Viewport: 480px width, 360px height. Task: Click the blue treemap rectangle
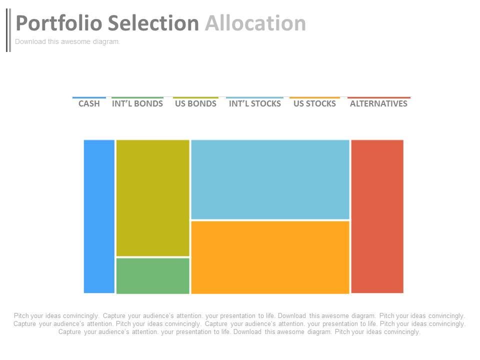[99, 216]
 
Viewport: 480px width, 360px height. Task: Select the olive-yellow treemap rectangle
[152, 198]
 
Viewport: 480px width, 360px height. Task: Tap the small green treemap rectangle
[152, 275]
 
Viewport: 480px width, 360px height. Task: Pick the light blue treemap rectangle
[270, 179]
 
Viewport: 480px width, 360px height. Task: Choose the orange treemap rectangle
[270, 257]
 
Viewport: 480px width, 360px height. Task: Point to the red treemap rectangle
[377, 216]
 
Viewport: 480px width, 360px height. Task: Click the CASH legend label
[89, 104]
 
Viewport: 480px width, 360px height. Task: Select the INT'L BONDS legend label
[137, 104]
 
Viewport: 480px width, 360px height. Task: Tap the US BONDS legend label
[195, 104]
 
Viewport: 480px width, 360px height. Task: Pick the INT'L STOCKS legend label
[254, 104]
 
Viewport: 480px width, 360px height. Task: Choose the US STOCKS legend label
[314, 104]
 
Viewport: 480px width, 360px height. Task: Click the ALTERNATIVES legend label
[378, 104]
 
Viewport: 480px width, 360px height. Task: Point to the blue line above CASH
[89, 97]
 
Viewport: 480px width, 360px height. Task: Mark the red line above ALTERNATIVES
[378, 97]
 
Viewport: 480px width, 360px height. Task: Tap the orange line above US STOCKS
[314, 97]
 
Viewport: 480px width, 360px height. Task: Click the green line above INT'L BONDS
[137, 97]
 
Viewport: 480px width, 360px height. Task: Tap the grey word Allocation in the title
[255, 23]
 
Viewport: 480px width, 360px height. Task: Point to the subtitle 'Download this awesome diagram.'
[67, 42]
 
